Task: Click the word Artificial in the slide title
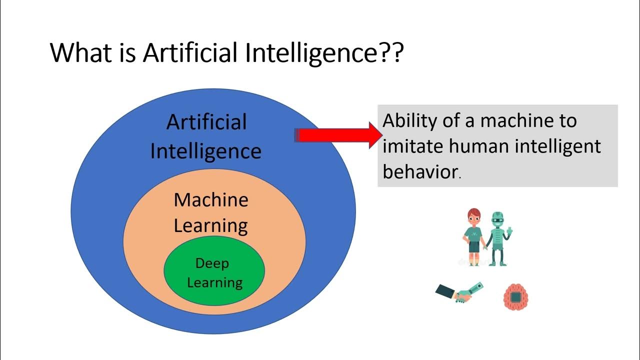(190, 53)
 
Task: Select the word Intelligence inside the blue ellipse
(205, 151)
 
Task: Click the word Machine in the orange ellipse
(211, 200)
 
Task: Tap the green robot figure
(498, 237)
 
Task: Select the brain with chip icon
(516, 297)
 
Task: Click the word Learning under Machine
(211, 226)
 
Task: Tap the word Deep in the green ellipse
(212, 263)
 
